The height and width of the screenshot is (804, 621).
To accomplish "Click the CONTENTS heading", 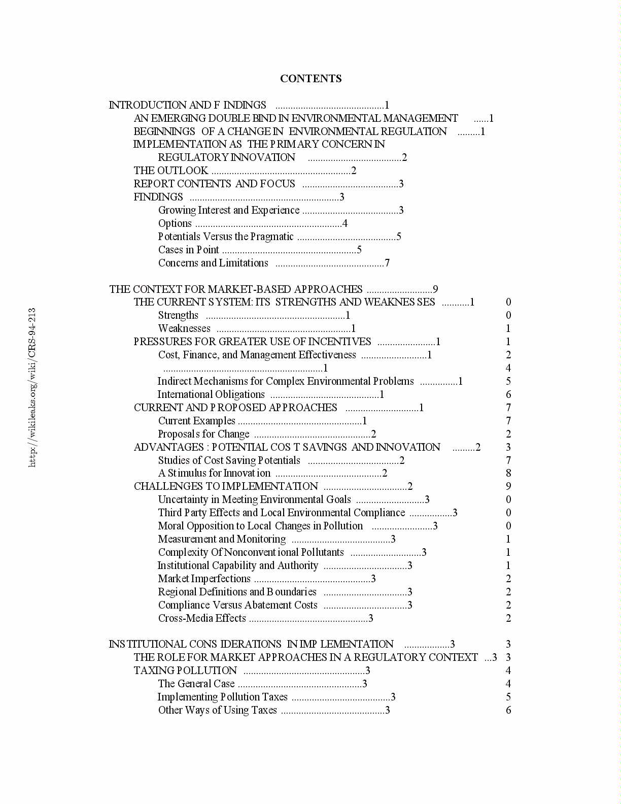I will point(310,79).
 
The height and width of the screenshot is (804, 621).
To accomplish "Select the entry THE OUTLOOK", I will point(171,171).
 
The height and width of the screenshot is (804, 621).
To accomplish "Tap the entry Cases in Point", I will point(189,250).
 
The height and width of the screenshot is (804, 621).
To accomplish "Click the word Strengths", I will point(178,315).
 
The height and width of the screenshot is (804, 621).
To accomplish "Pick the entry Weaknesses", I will point(184,328).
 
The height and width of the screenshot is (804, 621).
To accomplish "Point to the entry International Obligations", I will point(211,394).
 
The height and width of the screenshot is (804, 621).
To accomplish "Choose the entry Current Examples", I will point(197,421).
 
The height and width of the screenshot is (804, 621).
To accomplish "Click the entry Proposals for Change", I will point(204,434).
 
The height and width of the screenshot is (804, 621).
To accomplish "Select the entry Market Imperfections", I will point(204,579).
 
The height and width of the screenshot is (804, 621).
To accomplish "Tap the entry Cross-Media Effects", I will point(202,618).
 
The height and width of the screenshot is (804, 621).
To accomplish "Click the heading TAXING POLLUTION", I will point(185,671).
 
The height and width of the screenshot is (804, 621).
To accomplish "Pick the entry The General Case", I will point(196,684).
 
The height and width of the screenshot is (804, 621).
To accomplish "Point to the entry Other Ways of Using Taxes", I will point(218,710).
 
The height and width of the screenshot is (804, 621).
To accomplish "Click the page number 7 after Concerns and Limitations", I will point(387,263).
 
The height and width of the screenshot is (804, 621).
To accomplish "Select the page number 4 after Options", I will point(345,223).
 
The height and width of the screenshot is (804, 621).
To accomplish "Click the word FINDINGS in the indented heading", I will point(158,197).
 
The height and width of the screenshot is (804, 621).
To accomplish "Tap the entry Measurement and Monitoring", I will point(222,539).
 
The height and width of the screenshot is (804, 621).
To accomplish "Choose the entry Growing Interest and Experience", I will point(229,210).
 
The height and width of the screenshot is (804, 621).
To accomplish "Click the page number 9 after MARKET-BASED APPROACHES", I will point(435,289).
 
